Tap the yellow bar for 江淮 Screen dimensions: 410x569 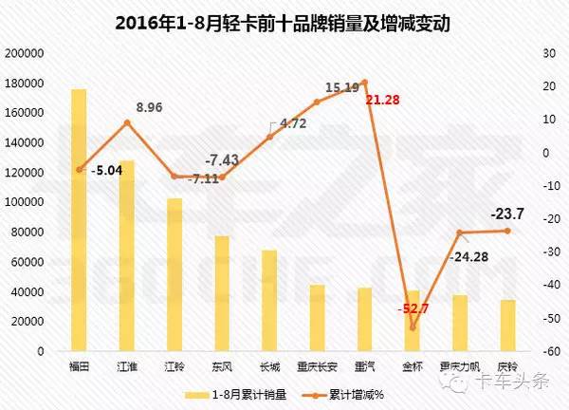click(127, 256)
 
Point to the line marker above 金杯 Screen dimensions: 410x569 click(413, 327)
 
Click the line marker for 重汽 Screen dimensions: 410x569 click(364, 83)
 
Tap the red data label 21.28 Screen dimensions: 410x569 click(386, 101)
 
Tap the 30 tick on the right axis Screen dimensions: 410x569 click(546, 53)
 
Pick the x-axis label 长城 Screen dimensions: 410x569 click(269, 365)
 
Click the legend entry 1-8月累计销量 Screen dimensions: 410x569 click(228, 391)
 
